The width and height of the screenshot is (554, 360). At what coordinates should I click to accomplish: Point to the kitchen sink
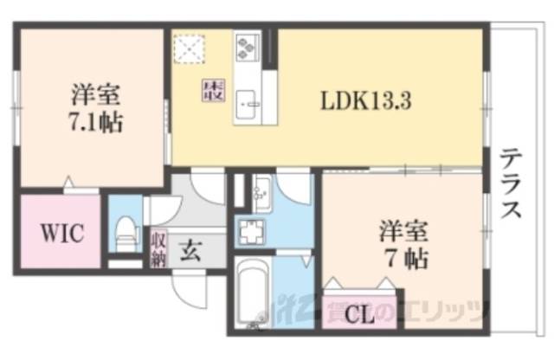click(250, 100)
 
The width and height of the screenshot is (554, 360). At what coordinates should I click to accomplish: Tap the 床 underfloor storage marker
click(212, 89)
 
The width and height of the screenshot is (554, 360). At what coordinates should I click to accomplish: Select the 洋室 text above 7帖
click(405, 232)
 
